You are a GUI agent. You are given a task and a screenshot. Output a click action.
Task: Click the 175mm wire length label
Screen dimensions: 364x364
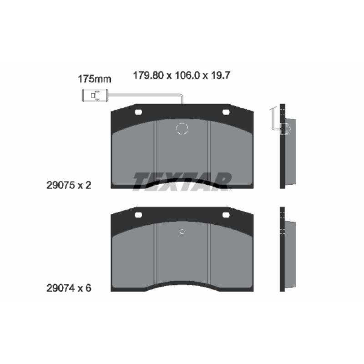(x=95, y=79)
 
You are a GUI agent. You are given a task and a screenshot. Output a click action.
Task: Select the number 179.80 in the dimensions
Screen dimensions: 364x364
(x=148, y=76)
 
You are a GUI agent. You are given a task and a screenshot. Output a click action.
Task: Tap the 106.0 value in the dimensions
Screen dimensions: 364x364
(x=187, y=76)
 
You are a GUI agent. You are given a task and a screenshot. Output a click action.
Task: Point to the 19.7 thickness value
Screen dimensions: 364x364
(x=220, y=76)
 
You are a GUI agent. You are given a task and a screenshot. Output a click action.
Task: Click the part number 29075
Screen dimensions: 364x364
(x=61, y=185)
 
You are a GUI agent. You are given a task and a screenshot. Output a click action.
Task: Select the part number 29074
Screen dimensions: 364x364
(x=61, y=288)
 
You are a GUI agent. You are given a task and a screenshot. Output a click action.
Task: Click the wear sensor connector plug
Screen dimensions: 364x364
(x=95, y=96)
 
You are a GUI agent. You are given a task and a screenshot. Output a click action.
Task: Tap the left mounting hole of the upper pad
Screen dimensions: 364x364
(x=138, y=112)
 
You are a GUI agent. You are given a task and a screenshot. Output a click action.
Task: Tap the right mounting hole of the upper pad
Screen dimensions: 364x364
(x=226, y=112)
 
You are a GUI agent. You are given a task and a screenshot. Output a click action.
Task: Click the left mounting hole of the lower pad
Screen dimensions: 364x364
(x=138, y=215)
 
